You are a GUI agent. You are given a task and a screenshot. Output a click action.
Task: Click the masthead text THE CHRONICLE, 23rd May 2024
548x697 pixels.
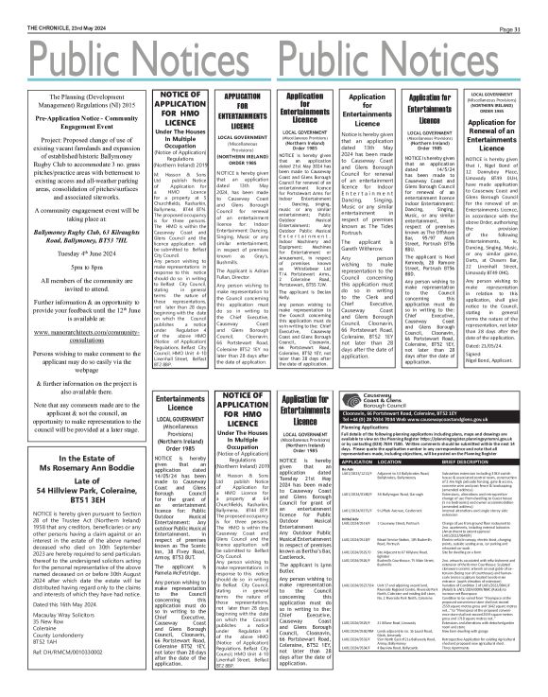coord(41,6)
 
